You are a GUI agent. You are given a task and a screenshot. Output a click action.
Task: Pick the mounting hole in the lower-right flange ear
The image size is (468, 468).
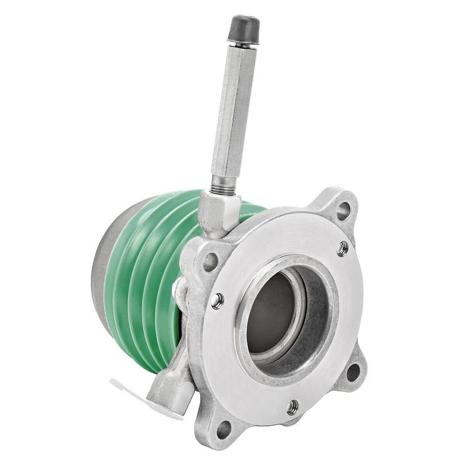point(353,371)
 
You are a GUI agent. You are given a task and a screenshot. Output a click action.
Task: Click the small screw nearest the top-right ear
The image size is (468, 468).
point(342,248)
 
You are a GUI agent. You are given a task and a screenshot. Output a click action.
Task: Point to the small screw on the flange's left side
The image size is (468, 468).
point(217,301)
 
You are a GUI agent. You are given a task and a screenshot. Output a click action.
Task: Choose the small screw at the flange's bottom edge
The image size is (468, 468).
point(292,407)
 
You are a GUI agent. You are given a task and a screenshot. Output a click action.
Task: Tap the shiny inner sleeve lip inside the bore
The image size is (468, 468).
point(299,328)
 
